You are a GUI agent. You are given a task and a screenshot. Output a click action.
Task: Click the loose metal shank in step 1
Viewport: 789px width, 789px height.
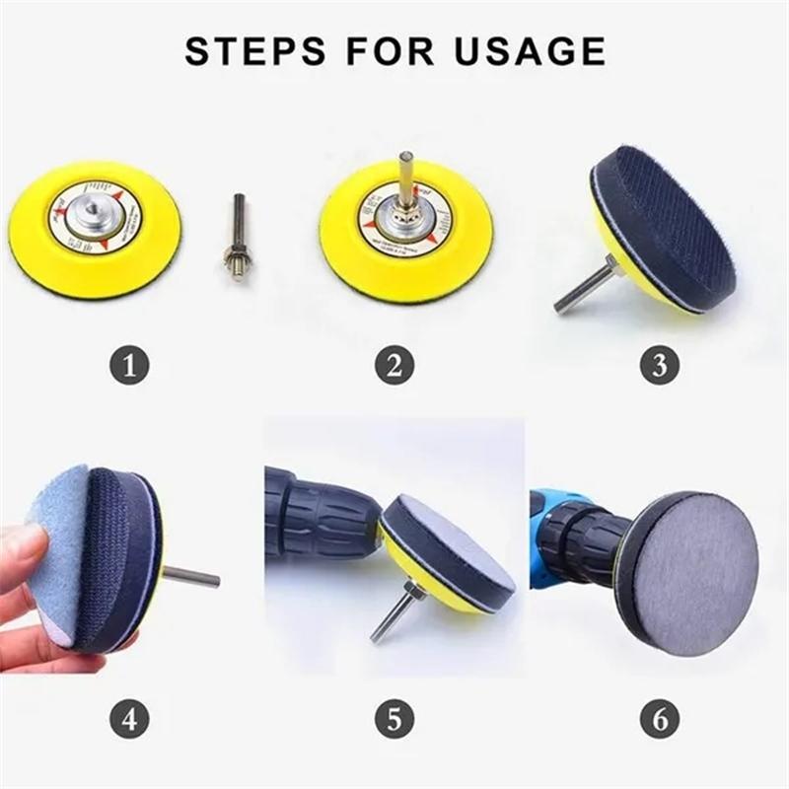point(238,237)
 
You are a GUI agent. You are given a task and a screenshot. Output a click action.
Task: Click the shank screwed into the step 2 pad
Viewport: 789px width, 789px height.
point(405,178)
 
